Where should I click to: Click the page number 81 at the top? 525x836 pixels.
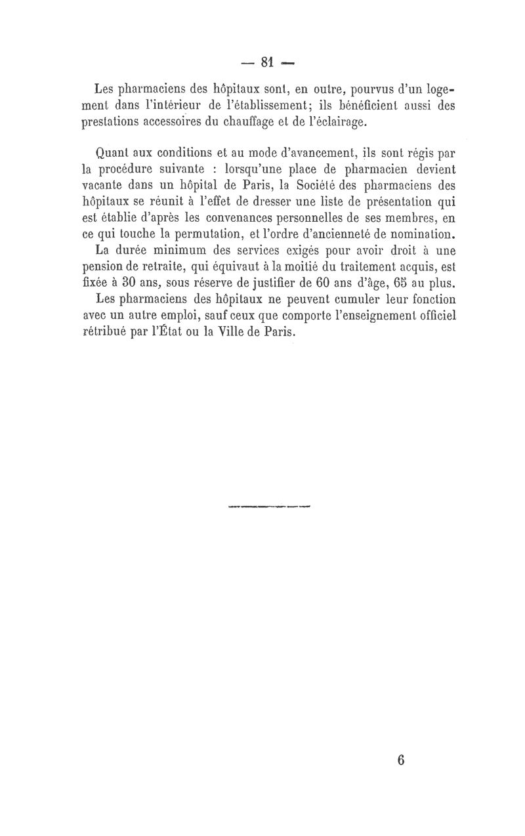266,62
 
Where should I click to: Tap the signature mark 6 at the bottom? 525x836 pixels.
402,760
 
